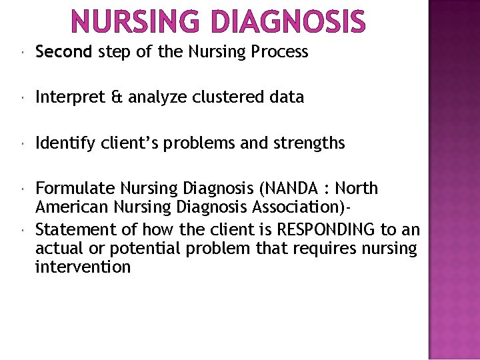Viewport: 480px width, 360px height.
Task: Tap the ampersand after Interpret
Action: click(x=117, y=97)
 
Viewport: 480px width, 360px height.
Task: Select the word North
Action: click(x=357, y=189)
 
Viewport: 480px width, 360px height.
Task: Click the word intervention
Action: click(x=83, y=267)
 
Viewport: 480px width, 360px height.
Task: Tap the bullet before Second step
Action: click(x=23, y=52)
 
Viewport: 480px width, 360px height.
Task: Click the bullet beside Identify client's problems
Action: click(x=23, y=143)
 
